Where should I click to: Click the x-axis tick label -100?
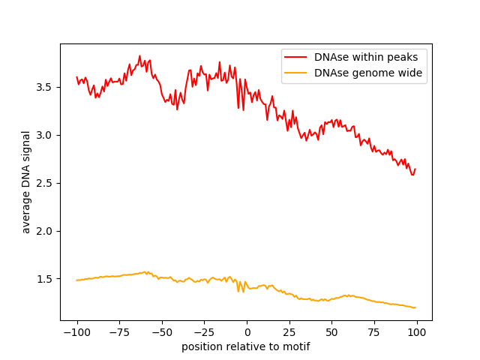pyautogui.click(x=76, y=332)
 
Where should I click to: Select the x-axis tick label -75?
pyautogui.click(x=119, y=332)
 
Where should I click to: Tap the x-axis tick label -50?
pyautogui.click(x=162, y=332)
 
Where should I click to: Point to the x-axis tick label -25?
pyautogui.click(x=205, y=332)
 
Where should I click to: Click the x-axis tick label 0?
pyautogui.click(x=247, y=332)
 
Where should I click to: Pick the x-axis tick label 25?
pyautogui.click(x=289, y=332)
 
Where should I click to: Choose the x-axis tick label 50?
pyautogui.click(x=332, y=332)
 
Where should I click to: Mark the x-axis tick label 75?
pyautogui.click(x=375, y=332)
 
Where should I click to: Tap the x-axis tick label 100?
pyautogui.click(x=418, y=332)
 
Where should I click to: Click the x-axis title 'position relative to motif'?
pyautogui.click(x=246, y=346)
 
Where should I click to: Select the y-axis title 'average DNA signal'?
pyautogui.click(x=26, y=182)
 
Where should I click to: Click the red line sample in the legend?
pyautogui.click(x=298, y=57)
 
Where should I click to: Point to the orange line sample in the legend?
pyautogui.click(x=298, y=73)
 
